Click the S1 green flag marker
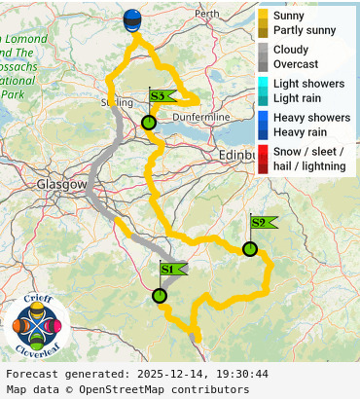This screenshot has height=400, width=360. click(170, 270)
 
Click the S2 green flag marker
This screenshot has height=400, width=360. click(261, 223)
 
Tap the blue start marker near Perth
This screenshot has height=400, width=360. click(132, 20)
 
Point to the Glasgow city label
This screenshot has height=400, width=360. click(61, 184)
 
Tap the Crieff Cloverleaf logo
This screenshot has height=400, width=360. click(37, 324)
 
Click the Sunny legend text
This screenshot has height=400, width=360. click(289, 17)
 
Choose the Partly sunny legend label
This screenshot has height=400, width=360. click(305, 30)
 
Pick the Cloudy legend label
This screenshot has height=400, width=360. click(291, 50)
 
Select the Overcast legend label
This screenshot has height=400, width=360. click(297, 63)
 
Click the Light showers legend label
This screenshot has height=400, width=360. click(308, 84)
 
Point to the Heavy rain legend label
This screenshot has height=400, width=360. click(304, 131)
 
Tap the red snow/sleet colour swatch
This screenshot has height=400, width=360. click(263, 159)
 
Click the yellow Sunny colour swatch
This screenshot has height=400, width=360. click(263, 17)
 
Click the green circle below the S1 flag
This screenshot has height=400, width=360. click(160, 296)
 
